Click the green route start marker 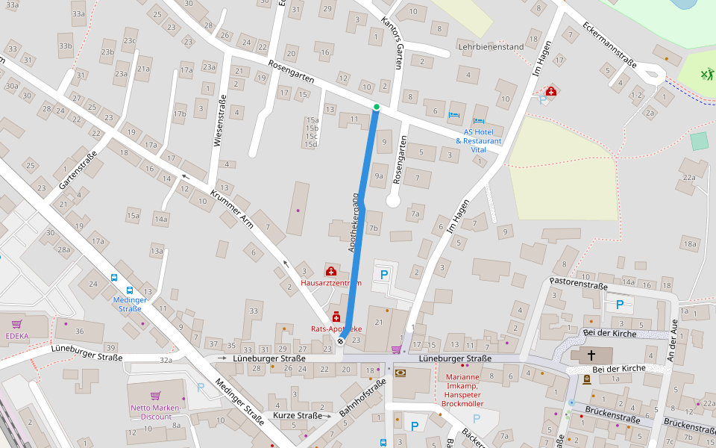pyautogui.click(x=377, y=108)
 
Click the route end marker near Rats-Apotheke pyautogui.click(x=341, y=340)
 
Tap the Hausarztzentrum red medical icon pyautogui.click(x=330, y=271)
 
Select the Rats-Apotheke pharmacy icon pyautogui.click(x=336, y=317)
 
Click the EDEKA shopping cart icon pyautogui.click(x=16, y=324)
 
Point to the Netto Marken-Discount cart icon pyautogui.click(x=155, y=396)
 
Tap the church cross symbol pyautogui.click(x=592, y=355)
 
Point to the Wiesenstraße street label pyautogui.click(x=222, y=121)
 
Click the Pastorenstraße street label pyautogui.click(x=578, y=284)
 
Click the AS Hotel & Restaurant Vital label pyautogui.click(x=479, y=140)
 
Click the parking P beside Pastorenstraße pyautogui.click(x=619, y=304)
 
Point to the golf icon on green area pyautogui.click(x=706, y=74)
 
